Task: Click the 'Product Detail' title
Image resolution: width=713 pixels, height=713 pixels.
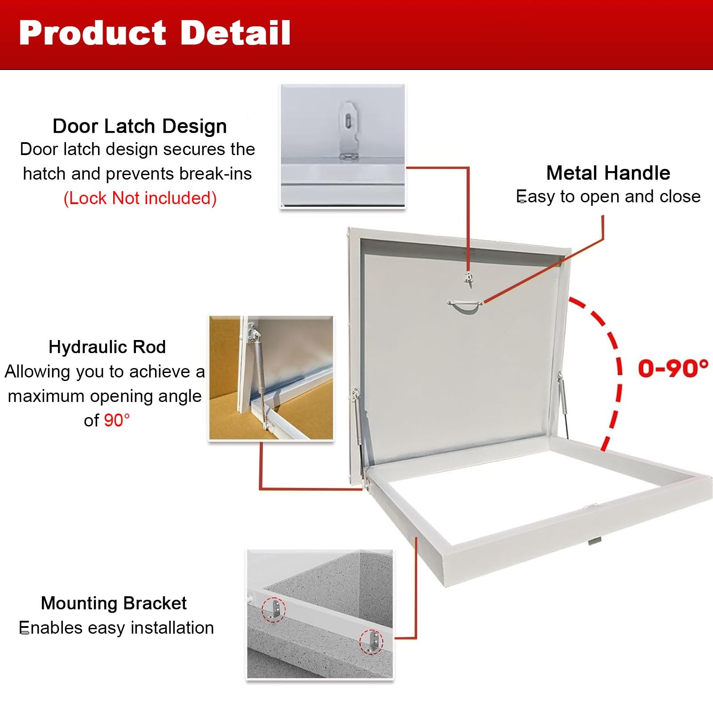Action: pyautogui.click(x=155, y=33)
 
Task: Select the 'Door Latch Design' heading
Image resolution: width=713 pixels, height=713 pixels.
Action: pyautogui.click(x=139, y=126)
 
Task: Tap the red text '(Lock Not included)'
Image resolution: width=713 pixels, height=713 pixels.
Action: pyautogui.click(x=140, y=198)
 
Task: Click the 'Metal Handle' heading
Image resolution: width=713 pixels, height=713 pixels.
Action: pyautogui.click(x=608, y=173)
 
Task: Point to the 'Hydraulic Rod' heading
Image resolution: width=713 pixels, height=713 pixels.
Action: pyautogui.click(x=107, y=347)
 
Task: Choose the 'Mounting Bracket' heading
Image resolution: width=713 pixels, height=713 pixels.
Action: pyautogui.click(x=114, y=603)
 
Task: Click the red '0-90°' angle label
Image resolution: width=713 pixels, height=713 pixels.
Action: pyautogui.click(x=673, y=369)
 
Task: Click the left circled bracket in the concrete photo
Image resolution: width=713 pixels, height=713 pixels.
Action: pyautogui.click(x=274, y=609)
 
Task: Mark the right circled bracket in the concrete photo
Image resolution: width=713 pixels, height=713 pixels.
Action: pyautogui.click(x=371, y=642)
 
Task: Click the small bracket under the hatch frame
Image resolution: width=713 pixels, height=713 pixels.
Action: pyautogui.click(x=594, y=541)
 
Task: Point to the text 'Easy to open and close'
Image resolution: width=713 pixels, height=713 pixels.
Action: pyautogui.click(x=608, y=197)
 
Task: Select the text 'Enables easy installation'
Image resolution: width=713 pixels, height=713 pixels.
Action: pyautogui.click(x=116, y=627)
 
